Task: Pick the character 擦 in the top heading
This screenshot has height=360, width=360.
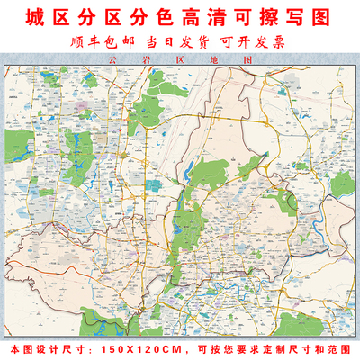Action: pos(265,17)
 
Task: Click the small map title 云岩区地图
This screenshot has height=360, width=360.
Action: pos(180,61)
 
